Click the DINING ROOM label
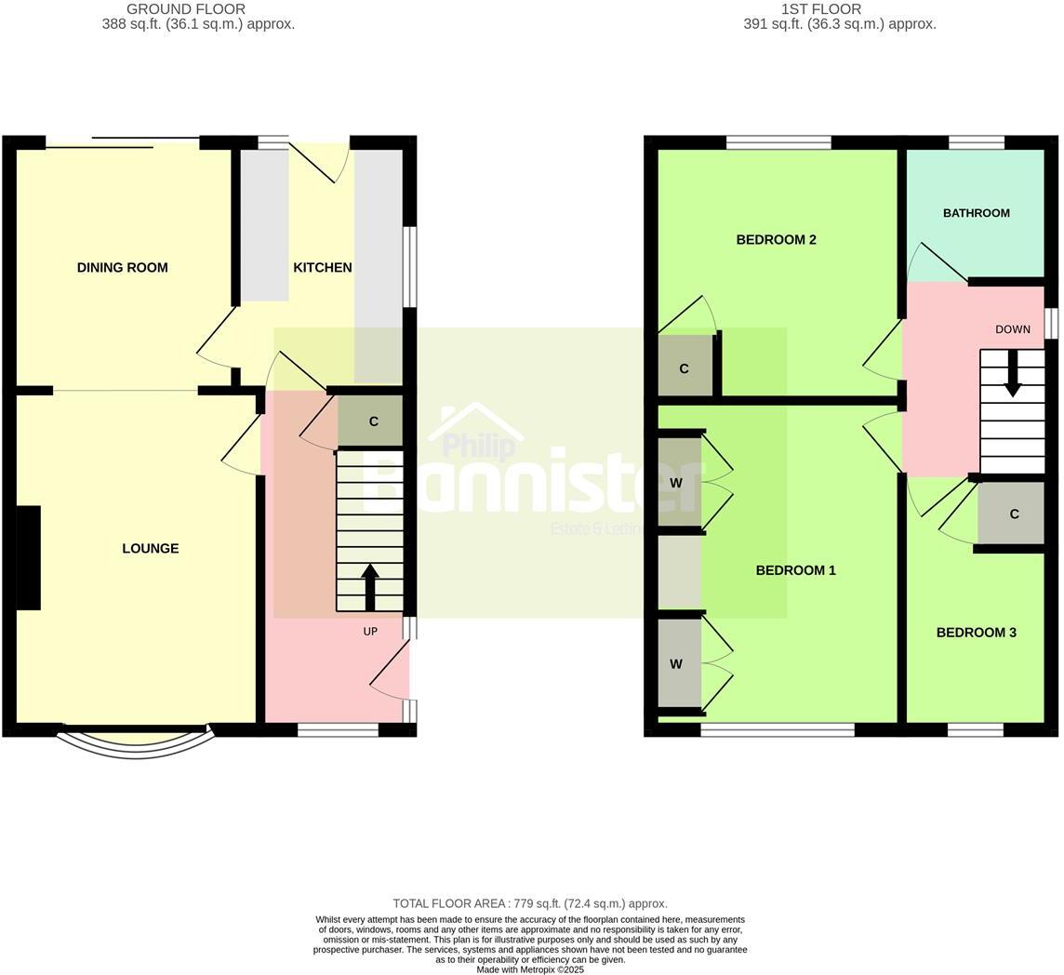122,268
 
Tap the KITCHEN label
322,268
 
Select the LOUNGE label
150,549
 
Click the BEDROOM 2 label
776,240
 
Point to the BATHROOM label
976,213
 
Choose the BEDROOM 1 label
795,570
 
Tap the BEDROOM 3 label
976,633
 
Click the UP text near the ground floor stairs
370,632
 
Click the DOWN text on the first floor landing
1012,329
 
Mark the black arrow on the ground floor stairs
370,586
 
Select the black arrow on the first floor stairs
1012,372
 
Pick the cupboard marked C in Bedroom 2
685,367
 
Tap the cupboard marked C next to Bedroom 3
1012,514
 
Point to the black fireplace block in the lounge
28,558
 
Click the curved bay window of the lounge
136,745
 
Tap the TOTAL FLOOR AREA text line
530,903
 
